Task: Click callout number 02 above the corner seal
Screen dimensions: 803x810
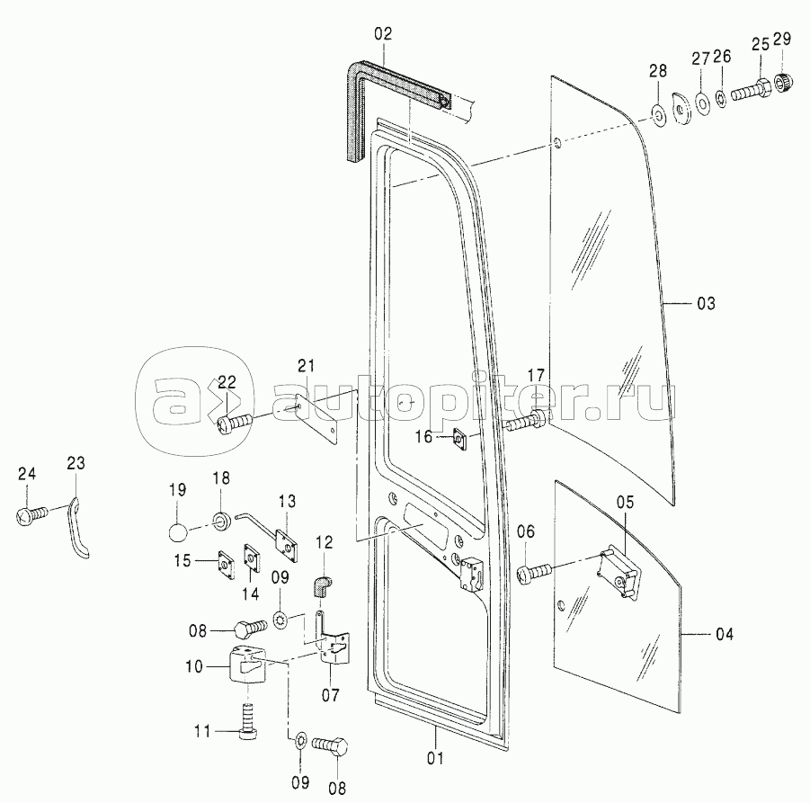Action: pos(384,33)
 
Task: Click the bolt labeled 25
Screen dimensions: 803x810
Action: pos(752,91)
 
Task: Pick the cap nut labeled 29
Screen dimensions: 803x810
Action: pos(781,86)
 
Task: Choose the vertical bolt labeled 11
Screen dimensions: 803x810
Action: pos(248,720)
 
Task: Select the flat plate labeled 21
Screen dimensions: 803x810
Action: pos(317,410)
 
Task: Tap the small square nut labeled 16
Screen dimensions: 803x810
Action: pos(458,439)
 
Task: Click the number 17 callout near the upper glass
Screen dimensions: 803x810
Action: pos(536,376)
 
